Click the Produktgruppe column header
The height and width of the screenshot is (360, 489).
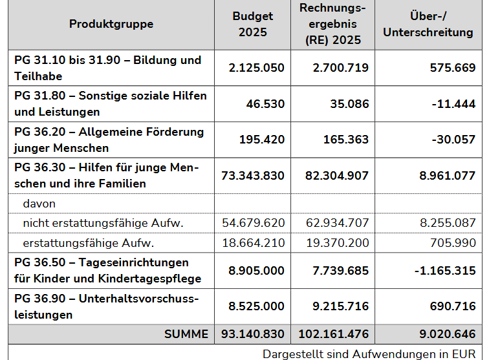pyautogui.click(x=111, y=24)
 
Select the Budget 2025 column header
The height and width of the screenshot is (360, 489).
pyautogui.click(x=253, y=24)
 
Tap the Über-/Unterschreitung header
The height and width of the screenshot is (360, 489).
pyautogui.click(x=428, y=24)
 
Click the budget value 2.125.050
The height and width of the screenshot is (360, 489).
pyautogui.click(x=256, y=68)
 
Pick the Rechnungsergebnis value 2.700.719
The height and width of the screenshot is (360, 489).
pyautogui.click(x=340, y=68)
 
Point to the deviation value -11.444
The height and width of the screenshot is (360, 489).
pyautogui.click(x=453, y=104)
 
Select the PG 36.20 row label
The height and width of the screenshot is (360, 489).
pyautogui.click(x=109, y=140)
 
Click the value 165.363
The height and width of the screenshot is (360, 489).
pyautogui.click(x=346, y=140)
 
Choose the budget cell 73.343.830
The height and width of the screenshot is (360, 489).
pyautogui.click(x=253, y=176)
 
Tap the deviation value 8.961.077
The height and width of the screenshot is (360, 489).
pyautogui.click(x=447, y=176)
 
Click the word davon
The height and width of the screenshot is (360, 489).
pyautogui.click(x=39, y=204)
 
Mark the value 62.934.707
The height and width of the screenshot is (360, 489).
pyautogui.click(x=337, y=223)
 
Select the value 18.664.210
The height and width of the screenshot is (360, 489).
pyautogui.click(x=254, y=243)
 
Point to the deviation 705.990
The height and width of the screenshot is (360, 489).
pyautogui.click(x=453, y=243)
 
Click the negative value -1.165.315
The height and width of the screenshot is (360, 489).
pyautogui.click(x=445, y=271)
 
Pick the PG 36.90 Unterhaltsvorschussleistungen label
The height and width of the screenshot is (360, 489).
pyautogui.click(x=106, y=306)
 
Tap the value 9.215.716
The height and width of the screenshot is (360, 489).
pyautogui.click(x=340, y=306)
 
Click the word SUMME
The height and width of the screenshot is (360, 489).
pyautogui.click(x=186, y=334)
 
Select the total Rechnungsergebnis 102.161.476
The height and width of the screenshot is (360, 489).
pyautogui.click(x=333, y=334)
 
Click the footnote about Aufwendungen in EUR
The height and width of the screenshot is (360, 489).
pyautogui.click(x=369, y=354)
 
